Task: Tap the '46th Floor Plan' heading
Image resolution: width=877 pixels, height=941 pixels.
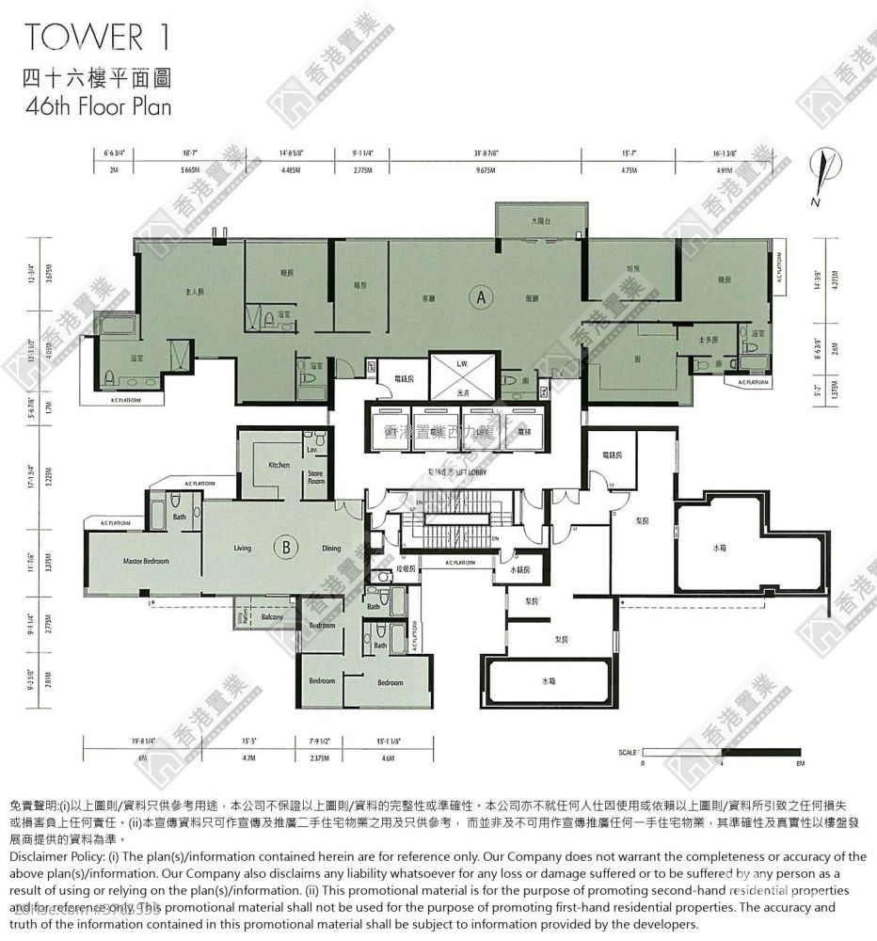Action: coord(98,105)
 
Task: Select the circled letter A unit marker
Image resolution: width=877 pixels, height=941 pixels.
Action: coord(481,297)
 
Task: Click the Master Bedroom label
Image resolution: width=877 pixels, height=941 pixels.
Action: coord(146,562)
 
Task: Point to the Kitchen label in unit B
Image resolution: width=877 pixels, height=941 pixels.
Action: coord(279,465)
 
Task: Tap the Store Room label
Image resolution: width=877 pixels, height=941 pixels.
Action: coord(315,478)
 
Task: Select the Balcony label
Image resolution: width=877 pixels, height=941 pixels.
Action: coord(273,616)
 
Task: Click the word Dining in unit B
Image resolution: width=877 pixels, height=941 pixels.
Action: coord(331,549)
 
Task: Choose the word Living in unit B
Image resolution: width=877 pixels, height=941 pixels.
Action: coord(243,549)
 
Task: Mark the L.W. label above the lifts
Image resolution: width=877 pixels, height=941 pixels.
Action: coord(462,362)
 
